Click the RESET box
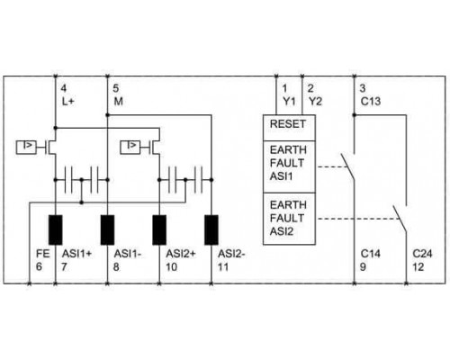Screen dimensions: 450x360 pos(289,128)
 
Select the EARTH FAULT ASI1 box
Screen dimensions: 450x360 pos(289,166)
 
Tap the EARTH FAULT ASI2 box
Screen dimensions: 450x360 pos(289,219)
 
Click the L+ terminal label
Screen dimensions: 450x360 pos(67,102)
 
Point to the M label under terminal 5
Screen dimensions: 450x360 pos(118,102)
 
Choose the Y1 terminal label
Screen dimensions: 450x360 pos(289,102)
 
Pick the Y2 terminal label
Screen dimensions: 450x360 pos(315,102)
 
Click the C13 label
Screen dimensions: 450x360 pos(371,102)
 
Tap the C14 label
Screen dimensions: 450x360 pos(371,254)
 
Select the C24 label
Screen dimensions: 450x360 pos(422,254)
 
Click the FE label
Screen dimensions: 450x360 pos(42,254)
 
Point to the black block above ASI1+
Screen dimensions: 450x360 pos(56,229)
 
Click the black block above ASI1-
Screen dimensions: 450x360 pos(107,229)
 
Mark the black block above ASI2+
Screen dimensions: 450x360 pos(159,229)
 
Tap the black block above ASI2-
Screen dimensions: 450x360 pos(211,229)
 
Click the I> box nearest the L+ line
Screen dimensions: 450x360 pos(26,147)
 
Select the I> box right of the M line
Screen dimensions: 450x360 pos(130,147)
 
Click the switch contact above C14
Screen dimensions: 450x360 pos(348,166)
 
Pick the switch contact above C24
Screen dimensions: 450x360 pos(400,219)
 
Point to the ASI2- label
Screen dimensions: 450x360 pos(231,254)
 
